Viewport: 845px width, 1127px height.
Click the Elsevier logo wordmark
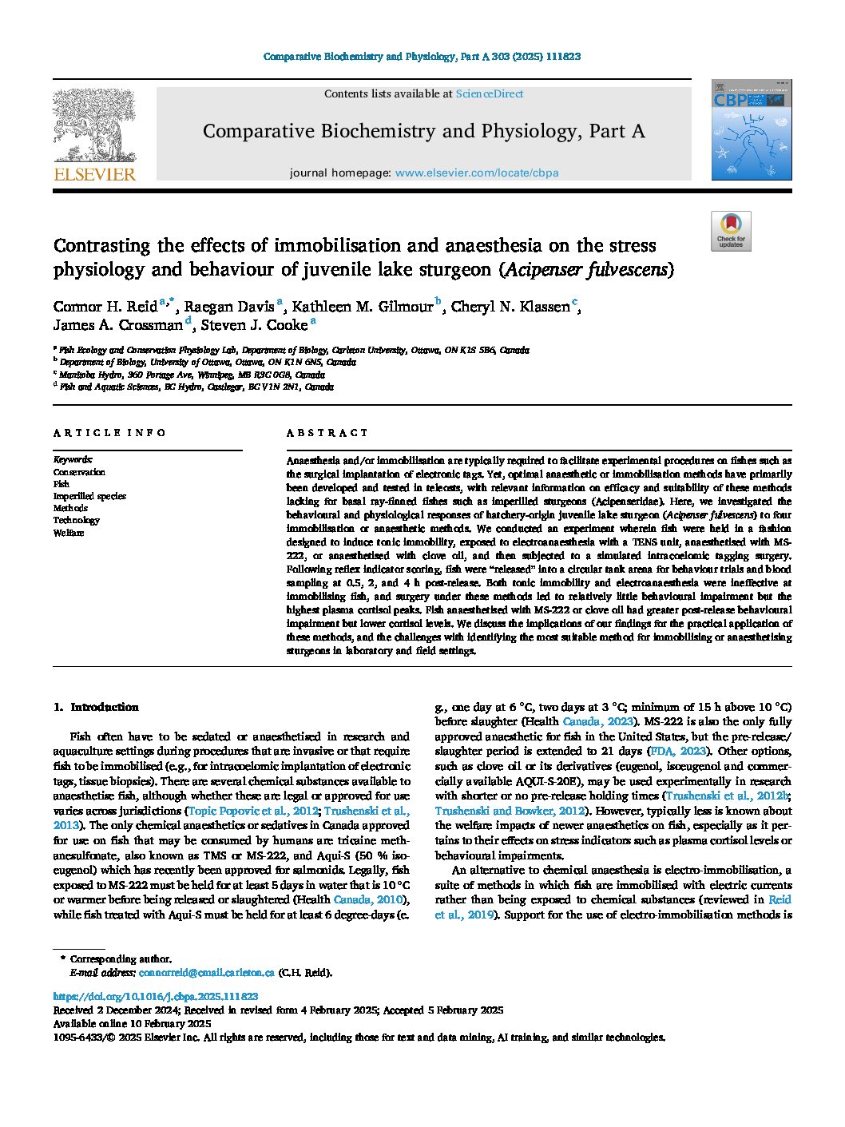(x=94, y=174)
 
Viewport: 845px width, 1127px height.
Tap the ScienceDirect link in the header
(x=489, y=93)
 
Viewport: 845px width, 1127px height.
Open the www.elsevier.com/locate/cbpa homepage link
(x=476, y=173)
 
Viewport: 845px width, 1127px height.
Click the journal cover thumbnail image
(x=751, y=129)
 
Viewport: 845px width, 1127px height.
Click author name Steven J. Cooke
(x=253, y=325)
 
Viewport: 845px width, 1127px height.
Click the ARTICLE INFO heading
(x=109, y=433)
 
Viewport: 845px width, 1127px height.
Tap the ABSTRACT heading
(x=327, y=433)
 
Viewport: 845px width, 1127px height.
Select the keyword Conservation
(x=79, y=472)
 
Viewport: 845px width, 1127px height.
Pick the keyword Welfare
(x=69, y=533)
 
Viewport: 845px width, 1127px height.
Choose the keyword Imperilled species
(x=89, y=496)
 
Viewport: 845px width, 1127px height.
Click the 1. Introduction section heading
(x=96, y=707)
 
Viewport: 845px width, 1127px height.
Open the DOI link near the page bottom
(x=155, y=996)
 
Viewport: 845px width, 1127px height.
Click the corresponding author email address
(x=206, y=973)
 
